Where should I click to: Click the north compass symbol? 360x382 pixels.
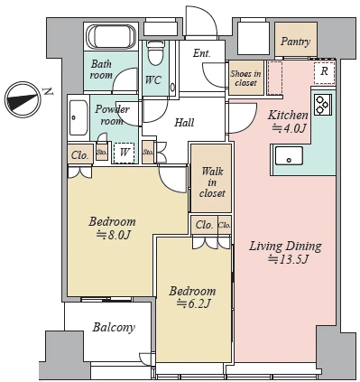(x=23, y=99)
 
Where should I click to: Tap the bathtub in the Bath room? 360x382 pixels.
(x=111, y=36)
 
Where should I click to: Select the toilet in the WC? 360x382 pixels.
(x=155, y=53)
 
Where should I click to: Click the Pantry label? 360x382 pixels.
(x=295, y=42)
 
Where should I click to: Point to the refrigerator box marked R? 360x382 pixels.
(x=324, y=72)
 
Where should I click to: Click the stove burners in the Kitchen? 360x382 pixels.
(x=323, y=105)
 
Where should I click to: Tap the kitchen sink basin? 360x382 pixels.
(x=289, y=155)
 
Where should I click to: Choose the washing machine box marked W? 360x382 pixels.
(x=125, y=153)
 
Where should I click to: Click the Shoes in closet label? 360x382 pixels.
(x=245, y=78)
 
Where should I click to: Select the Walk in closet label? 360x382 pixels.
(x=212, y=182)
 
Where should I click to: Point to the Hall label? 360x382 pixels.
(x=184, y=122)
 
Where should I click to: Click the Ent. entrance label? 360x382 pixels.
(x=201, y=53)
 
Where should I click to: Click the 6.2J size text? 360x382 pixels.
(x=193, y=303)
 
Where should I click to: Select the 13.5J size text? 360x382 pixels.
(x=288, y=259)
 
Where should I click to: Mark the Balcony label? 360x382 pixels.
(x=114, y=327)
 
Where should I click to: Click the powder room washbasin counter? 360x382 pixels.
(x=78, y=118)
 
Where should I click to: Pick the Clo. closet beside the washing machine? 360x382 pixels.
(x=80, y=155)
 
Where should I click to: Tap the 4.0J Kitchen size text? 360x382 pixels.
(x=289, y=128)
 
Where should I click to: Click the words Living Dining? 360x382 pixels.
(x=285, y=247)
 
